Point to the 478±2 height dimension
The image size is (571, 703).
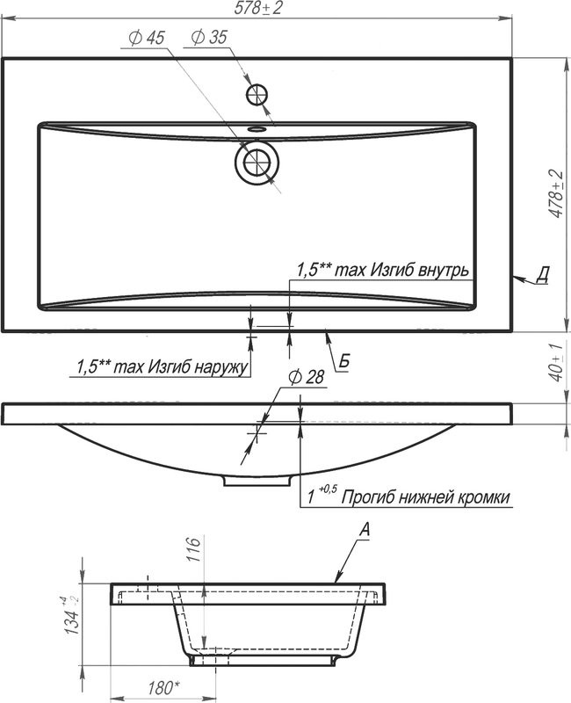pos(554,195)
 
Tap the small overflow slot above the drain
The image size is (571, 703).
pos(257,129)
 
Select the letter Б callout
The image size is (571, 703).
pos(344,361)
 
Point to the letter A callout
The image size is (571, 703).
pos(365,529)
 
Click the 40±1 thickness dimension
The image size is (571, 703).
pos(553,361)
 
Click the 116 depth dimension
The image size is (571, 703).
pos(194,551)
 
